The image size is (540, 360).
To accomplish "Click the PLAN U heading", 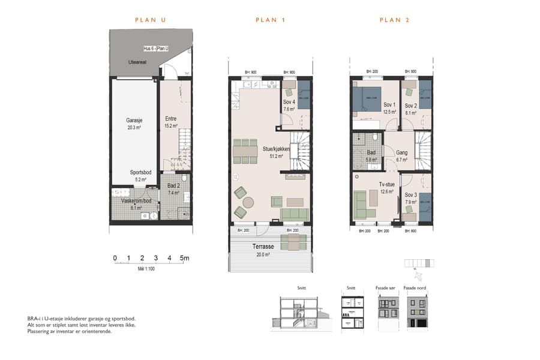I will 150,20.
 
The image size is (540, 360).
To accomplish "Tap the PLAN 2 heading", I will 394,20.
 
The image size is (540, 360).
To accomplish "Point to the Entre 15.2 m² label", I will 171,122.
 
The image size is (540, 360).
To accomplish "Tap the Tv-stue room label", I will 386,188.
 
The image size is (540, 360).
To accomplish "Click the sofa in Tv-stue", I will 362,205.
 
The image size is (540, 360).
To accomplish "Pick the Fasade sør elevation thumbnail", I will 385,312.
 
